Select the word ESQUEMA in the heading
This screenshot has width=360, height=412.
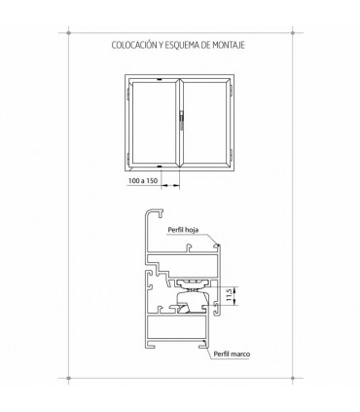coord(182,45)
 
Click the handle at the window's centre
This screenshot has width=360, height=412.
coord(181,121)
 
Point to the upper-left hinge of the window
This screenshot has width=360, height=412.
coord(128,93)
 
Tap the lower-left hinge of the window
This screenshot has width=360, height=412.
coord(128,158)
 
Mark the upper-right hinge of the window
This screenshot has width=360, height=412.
coord(231,90)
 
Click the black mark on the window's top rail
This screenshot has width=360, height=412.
coord(159,79)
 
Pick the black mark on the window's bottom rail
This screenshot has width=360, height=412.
coord(159,167)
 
